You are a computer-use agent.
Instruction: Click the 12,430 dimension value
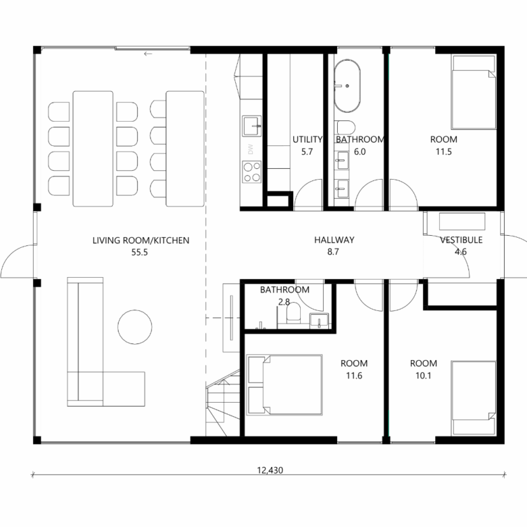pos(270,470)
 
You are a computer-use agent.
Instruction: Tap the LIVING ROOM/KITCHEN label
pos(141,241)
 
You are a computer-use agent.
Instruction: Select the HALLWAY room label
pos(334,240)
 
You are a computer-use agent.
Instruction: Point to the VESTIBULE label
pos(461,240)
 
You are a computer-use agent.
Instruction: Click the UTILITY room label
pos(307,139)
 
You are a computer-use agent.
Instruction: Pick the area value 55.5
pos(139,252)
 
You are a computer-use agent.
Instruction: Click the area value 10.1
pos(423,376)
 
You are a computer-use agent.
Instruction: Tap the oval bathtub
pos(347,86)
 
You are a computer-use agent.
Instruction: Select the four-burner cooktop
pos(252,172)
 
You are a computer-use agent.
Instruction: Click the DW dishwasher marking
pos(251,149)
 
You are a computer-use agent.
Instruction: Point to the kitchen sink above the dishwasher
pos(252,126)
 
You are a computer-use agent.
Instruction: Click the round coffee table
pos(134,327)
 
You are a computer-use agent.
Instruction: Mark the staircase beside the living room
pos(222,403)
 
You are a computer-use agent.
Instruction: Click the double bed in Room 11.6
pos(284,384)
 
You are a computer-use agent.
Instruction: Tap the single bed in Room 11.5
pos(474,93)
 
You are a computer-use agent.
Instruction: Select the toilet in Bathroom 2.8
pos(293,313)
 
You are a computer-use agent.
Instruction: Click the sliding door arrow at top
pos(148,54)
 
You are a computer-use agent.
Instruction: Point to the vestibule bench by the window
pos(462,222)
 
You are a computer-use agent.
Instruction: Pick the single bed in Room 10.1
pos(474,398)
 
